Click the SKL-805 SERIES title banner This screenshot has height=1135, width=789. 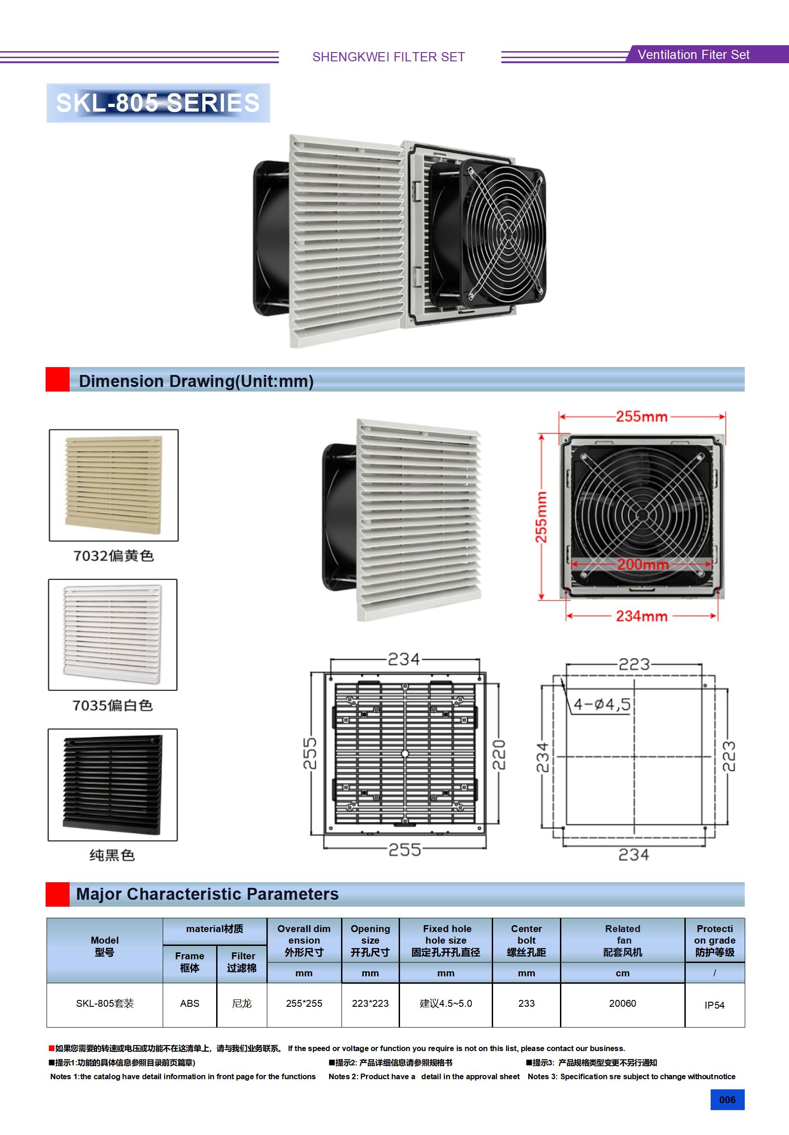[x=158, y=103]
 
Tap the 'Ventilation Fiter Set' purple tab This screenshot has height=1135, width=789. [x=693, y=55]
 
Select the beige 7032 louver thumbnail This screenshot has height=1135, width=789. [x=114, y=484]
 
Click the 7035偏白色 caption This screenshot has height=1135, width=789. [x=112, y=706]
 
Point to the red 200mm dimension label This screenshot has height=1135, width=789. [x=642, y=564]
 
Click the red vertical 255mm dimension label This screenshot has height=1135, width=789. [x=542, y=517]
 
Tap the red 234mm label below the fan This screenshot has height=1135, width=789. [x=641, y=616]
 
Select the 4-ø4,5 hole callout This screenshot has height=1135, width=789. [x=602, y=704]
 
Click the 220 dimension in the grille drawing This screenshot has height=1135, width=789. [x=499, y=755]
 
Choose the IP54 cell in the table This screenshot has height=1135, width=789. [x=714, y=1005]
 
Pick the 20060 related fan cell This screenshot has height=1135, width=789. [x=623, y=1004]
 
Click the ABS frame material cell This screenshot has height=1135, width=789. [x=190, y=1004]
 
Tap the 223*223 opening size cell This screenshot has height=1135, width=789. [x=370, y=1004]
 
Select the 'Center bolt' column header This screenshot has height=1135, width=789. [x=526, y=940]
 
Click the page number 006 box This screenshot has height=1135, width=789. [x=727, y=1099]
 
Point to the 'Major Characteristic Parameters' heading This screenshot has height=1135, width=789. [x=207, y=894]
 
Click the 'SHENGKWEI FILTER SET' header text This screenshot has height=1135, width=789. [x=389, y=57]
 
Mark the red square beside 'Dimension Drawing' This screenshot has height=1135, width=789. [x=58, y=379]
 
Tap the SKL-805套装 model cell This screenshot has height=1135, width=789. [x=105, y=1004]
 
